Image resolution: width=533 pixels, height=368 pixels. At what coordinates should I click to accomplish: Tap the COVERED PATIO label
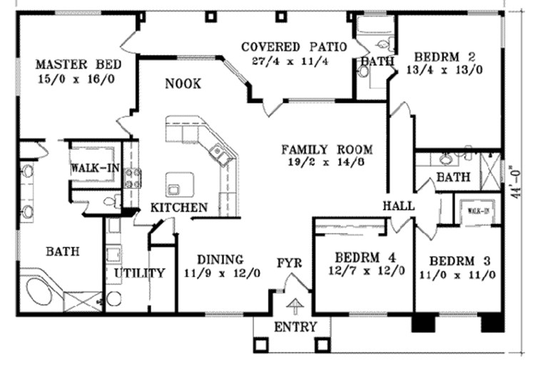(x=294, y=47)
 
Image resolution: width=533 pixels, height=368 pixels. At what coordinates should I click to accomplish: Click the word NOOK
(x=183, y=84)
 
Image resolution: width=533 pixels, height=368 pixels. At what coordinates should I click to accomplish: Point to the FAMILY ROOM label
(x=327, y=150)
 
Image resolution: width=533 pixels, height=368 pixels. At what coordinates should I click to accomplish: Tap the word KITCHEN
(x=179, y=208)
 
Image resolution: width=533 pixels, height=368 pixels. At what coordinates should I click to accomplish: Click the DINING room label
(x=220, y=260)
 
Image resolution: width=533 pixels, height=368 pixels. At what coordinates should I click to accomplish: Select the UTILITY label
(x=140, y=272)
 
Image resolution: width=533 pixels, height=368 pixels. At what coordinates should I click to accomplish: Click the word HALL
(x=399, y=205)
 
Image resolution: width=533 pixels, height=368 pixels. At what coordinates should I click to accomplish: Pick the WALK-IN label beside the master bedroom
(x=93, y=169)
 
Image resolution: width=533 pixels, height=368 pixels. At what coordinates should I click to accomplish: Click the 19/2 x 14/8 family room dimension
(x=327, y=163)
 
